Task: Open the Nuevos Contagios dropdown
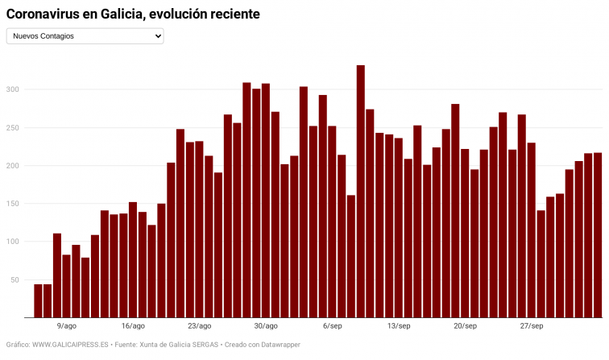click(x=85, y=36)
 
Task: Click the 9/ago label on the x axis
click(x=67, y=326)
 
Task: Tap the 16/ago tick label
click(x=133, y=326)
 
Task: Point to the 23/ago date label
click(x=199, y=326)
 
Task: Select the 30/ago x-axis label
click(x=266, y=326)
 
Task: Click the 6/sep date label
click(x=332, y=326)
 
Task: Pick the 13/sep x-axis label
click(x=399, y=326)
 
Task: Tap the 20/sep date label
click(x=465, y=326)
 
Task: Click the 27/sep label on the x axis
click(x=531, y=326)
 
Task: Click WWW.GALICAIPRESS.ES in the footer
click(x=70, y=345)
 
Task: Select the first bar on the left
click(x=38, y=301)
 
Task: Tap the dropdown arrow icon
click(x=157, y=36)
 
